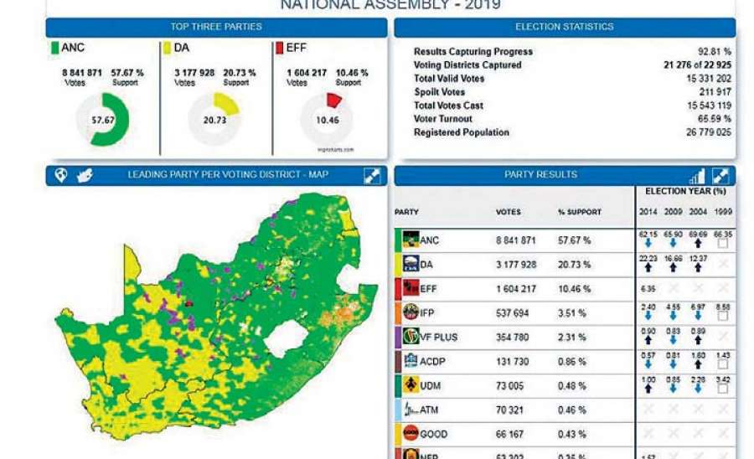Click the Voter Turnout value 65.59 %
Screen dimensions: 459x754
(713, 119)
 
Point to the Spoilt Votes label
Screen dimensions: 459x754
(439, 92)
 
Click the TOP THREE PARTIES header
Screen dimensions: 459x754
(216, 27)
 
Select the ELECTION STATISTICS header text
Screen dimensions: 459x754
(564, 27)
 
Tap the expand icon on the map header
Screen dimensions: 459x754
(373, 175)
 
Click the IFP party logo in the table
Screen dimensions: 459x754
(411, 312)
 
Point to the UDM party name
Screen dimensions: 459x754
(432, 385)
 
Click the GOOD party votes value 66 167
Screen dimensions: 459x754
(513, 434)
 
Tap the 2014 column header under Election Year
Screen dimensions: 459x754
(648, 213)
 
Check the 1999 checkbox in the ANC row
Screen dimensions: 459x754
(722, 244)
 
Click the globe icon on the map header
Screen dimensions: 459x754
(61, 175)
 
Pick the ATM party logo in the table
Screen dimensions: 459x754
(411, 410)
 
